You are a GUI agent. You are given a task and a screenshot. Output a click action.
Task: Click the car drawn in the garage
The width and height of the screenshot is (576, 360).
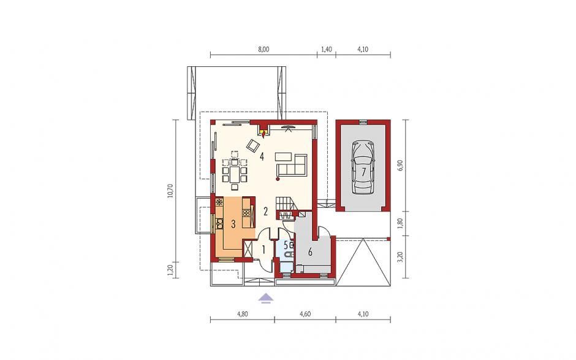pyautogui.click(x=363, y=167)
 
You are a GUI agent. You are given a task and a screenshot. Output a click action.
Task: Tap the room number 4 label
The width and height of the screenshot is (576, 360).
pyautogui.click(x=262, y=156)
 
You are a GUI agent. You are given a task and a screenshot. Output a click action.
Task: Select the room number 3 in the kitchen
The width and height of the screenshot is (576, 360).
pyautogui.click(x=233, y=224)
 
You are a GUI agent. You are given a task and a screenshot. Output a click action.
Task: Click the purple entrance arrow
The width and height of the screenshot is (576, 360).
pyautogui.click(x=265, y=298)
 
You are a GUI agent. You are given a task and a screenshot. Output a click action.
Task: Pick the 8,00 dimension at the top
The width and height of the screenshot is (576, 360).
pyautogui.click(x=263, y=49)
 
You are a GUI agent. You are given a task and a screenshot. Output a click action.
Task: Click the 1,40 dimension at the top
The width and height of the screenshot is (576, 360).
pyautogui.click(x=326, y=49)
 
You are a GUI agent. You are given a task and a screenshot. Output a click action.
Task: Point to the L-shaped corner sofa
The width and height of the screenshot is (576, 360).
pyautogui.click(x=292, y=164)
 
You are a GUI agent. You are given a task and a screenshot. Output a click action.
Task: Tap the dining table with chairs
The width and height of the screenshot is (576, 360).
pyautogui.click(x=234, y=170)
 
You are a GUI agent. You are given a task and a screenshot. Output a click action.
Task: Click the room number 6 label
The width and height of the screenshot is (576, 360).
pyautogui.click(x=310, y=252)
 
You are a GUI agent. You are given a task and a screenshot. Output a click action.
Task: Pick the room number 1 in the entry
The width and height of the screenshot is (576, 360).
pyautogui.click(x=263, y=250)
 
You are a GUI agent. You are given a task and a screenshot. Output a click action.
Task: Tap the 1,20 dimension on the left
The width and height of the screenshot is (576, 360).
pyautogui.click(x=170, y=270)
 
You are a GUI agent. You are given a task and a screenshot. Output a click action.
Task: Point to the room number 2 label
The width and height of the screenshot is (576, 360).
pyautogui.click(x=265, y=211)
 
